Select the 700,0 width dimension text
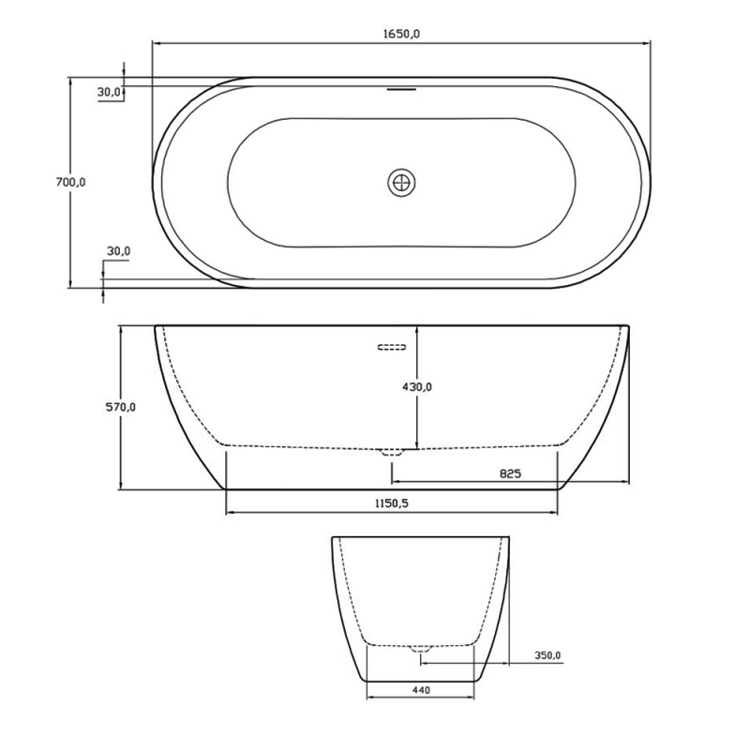[70, 183]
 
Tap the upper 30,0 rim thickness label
[109, 92]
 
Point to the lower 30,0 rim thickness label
[118, 251]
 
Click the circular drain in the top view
[401, 182]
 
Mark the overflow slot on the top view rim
[401, 91]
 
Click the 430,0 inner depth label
[417, 386]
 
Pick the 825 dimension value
[509, 474]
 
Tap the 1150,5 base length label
[392, 503]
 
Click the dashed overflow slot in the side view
[392, 348]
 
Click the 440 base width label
[420, 691]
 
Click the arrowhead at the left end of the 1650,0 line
[157, 43]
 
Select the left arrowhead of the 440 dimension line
[370, 699]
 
